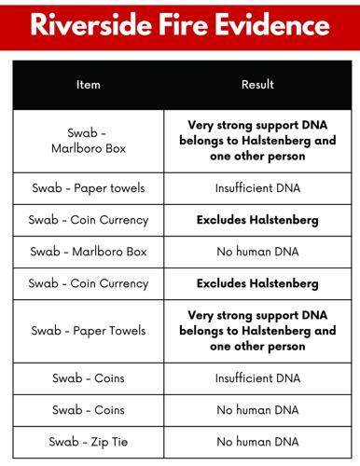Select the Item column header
pyautogui.click(x=89, y=85)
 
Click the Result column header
pyautogui.click(x=257, y=85)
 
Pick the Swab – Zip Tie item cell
pyautogui.click(x=89, y=441)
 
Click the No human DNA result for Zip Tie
pyautogui.click(x=257, y=441)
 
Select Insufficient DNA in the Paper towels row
pyautogui.click(x=257, y=188)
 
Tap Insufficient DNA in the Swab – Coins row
pyautogui.click(x=257, y=377)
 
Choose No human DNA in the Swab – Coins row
pyautogui.click(x=257, y=409)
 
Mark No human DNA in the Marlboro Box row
pyautogui.click(x=257, y=252)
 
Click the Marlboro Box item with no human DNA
pyautogui.click(x=89, y=252)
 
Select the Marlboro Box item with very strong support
pyautogui.click(x=89, y=141)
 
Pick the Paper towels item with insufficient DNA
pyautogui.click(x=89, y=188)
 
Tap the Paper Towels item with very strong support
pyautogui.click(x=89, y=330)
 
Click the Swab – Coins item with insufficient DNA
pyautogui.click(x=89, y=377)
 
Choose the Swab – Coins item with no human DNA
pyautogui.click(x=89, y=409)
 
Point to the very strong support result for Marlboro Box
pyautogui.click(x=257, y=141)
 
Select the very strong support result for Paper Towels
pyautogui.click(x=257, y=330)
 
